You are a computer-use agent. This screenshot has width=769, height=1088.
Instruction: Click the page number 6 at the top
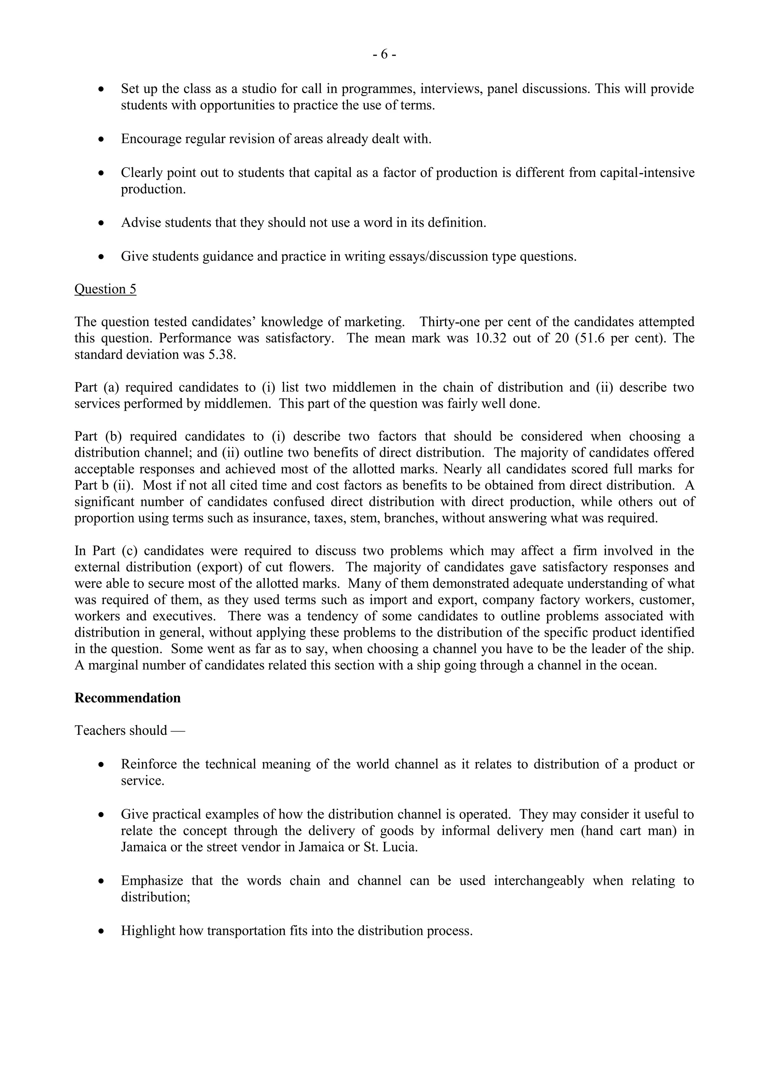[384, 55]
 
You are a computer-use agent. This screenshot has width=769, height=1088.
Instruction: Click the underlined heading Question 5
[105, 289]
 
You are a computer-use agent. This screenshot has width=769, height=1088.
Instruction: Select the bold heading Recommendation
[127, 698]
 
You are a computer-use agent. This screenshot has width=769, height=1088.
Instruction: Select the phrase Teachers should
[121, 731]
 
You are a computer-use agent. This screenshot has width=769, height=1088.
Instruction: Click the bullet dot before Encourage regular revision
[101, 139]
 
